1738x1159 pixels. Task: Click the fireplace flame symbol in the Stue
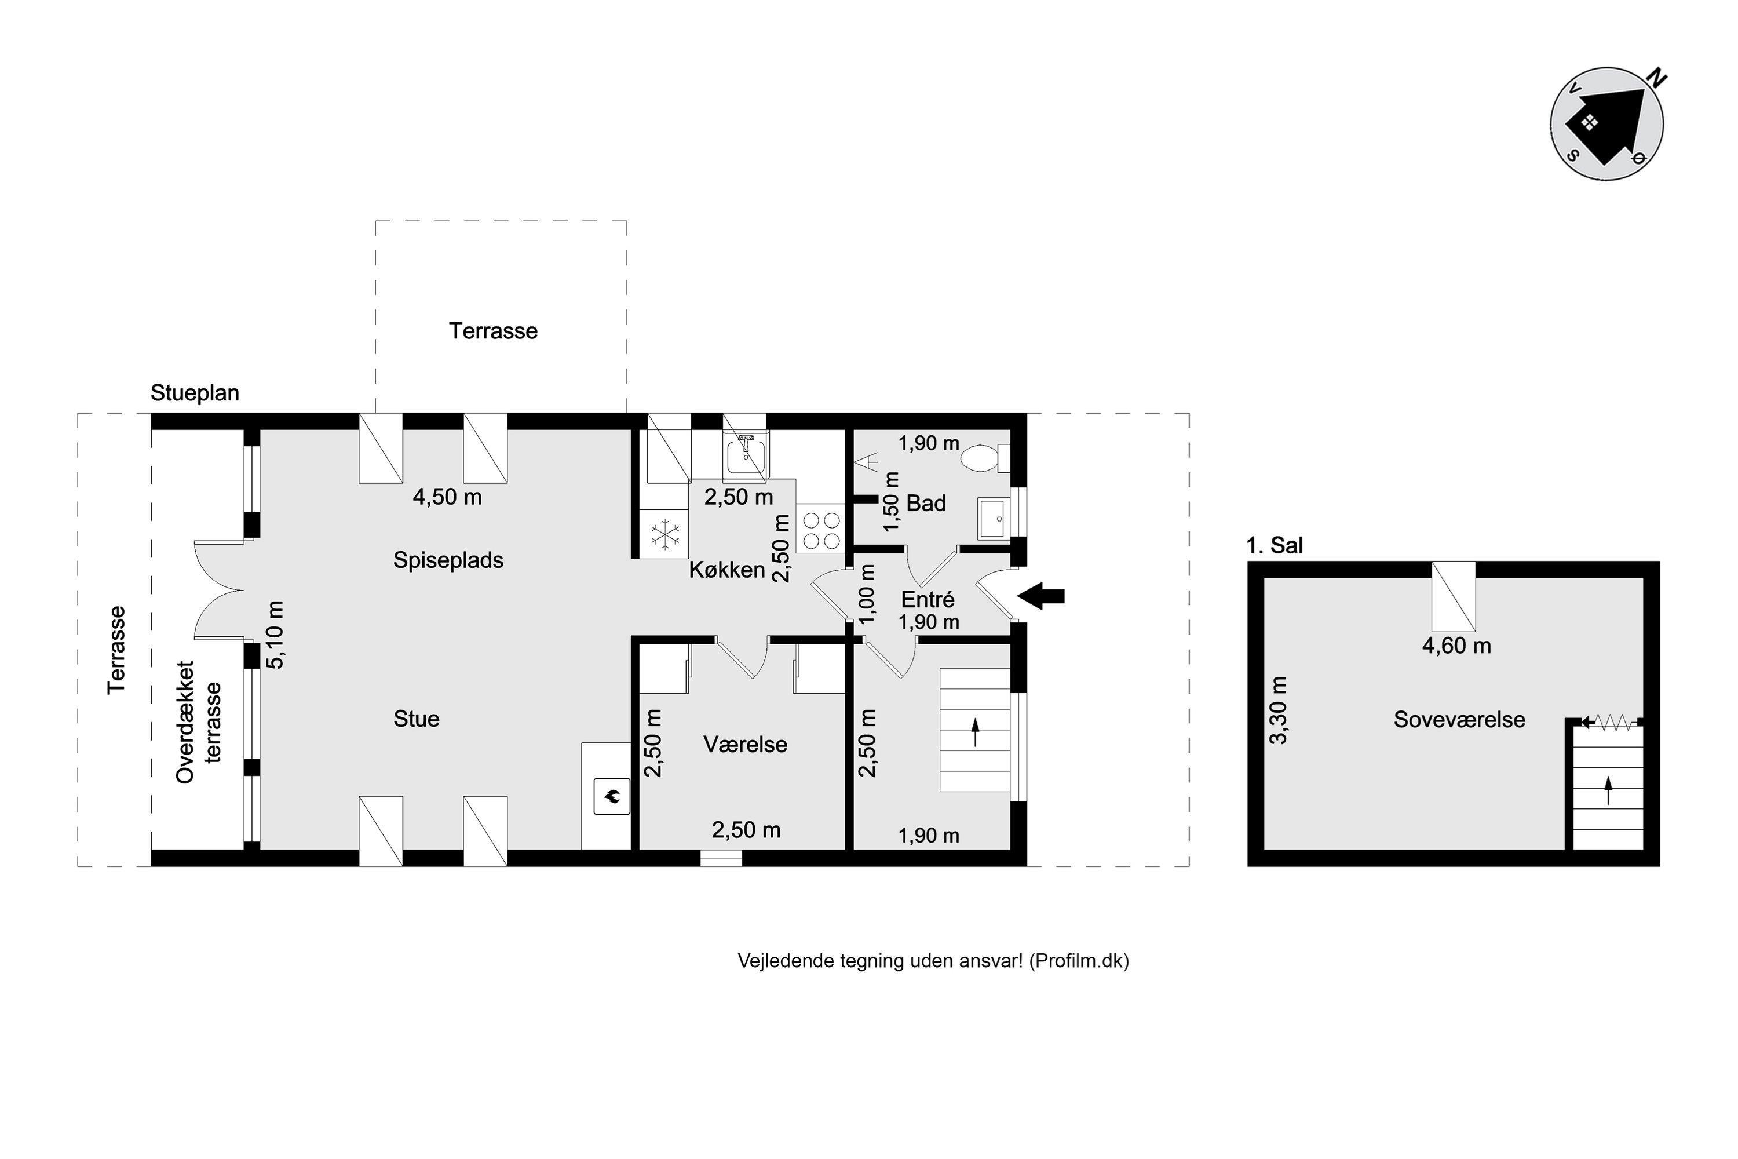[612, 796]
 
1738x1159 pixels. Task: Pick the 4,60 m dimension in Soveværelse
[1456, 646]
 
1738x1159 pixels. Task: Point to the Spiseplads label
[448, 560]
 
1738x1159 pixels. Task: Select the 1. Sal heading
[1275, 545]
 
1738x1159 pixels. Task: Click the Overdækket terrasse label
[198, 722]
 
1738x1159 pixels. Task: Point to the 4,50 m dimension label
[447, 497]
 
